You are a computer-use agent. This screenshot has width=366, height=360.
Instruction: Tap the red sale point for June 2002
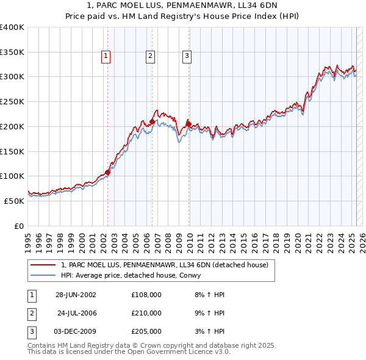pyautogui.click(x=107, y=172)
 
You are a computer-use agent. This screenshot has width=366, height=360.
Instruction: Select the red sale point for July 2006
pyautogui.click(x=152, y=121)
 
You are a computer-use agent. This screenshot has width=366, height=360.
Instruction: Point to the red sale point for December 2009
pyautogui.click(x=188, y=124)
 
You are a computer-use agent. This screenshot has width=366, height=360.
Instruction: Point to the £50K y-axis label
pyautogui.click(x=15, y=201)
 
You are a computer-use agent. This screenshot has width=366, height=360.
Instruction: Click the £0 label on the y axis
pyautogui.click(x=20, y=226)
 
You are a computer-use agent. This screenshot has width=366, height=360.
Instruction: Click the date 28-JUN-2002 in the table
pyautogui.click(x=76, y=295)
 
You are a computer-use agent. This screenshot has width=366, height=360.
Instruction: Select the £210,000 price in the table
pyautogui.click(x=146, y=313)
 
